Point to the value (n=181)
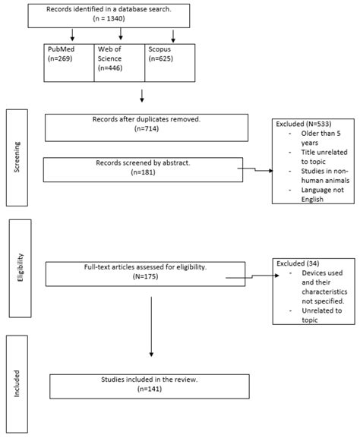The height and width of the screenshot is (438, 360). tap(146, 172)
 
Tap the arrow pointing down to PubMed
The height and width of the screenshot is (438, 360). tap(71, 36)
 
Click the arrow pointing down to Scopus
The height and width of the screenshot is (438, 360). tap(175, 36)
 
